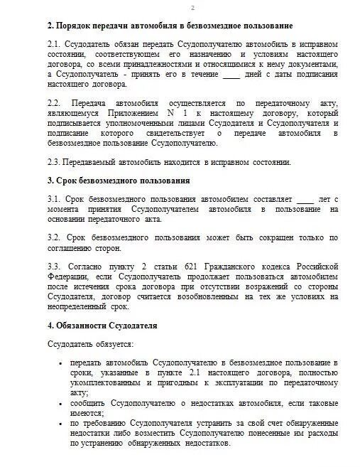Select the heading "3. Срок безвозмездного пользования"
(x=119, y=181)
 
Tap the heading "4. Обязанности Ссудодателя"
(x=102, y=326)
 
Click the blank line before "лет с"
(x=304, y=199)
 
